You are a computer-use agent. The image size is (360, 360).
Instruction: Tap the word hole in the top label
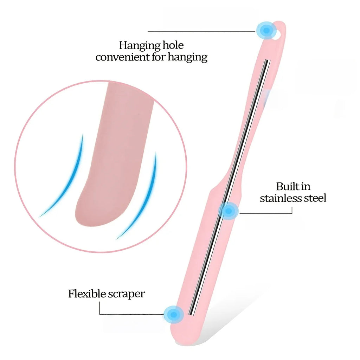point(173,45)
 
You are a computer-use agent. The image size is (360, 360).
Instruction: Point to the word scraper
point(127,295)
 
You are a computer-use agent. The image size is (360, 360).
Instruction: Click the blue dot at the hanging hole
point(266,30)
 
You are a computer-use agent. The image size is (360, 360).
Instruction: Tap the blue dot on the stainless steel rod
point(228,211)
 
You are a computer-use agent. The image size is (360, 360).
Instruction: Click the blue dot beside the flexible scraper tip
point(174,314)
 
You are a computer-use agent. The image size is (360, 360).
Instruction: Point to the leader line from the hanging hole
point(201,31)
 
